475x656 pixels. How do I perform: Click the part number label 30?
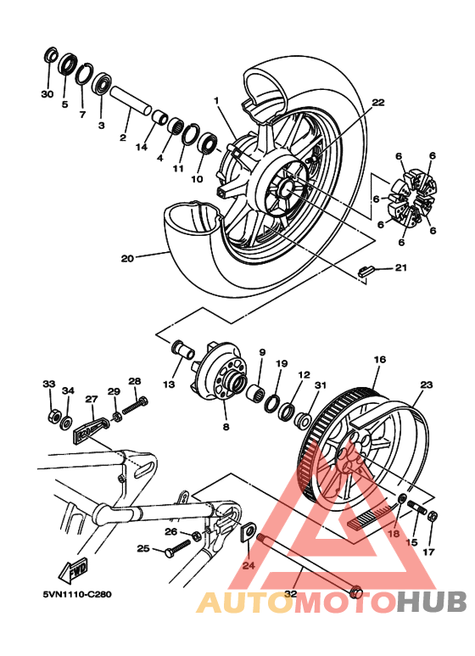coord(47,93)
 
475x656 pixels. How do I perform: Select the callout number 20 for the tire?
coord(127,258)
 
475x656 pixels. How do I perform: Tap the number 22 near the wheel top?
coord(377,103)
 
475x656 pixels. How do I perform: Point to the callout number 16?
coord(379,360)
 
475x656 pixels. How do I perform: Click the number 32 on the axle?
coord(291,594)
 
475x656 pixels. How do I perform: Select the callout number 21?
coord(400,268)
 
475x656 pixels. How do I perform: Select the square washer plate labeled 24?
coord(249,532)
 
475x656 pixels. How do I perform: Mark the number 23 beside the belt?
coord(426,384)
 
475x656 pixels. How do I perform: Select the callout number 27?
coord(91,398)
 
